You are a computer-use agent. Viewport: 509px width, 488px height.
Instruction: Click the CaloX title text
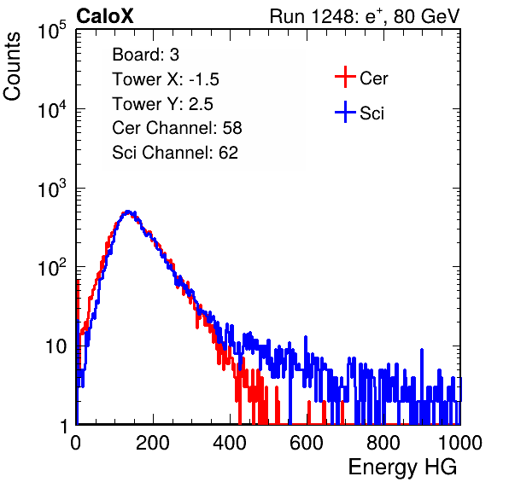click(x=104, y=16)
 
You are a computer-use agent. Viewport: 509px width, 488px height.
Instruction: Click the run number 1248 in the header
click(x=331, y=16)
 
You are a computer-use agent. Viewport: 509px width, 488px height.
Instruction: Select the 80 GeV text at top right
click(x=426, y=16)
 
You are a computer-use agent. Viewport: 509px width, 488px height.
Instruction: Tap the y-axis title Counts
click(x=12, y=67)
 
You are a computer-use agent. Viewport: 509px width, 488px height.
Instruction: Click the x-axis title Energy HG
click(x=402, y=468)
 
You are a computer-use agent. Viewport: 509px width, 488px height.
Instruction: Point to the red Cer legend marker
click(x=345, y=77)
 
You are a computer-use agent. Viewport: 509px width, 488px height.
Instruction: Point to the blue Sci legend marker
click(x=345, y=113)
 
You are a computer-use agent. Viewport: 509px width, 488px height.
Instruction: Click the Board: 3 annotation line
click(x=145, y=55)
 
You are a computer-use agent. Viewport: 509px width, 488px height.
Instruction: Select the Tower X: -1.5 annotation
click(x=166, y=79)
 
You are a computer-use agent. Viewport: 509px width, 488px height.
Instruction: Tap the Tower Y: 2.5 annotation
click(x=162, y=104)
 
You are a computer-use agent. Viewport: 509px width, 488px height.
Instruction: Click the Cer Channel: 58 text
click(x=177, y=128)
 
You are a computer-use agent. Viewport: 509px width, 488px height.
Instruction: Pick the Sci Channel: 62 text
click(x=175, y=153)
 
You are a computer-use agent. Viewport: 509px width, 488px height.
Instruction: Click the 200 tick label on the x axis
click(x=153, y=443)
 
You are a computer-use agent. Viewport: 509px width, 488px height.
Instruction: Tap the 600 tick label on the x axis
click(x=307, y=443)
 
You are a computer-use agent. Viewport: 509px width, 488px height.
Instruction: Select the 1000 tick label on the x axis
click(x=460, y=443)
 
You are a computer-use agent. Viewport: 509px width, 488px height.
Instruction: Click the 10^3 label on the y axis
click(x=52, y=189)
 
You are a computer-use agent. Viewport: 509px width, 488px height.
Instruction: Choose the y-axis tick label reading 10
click(x=56, y=347)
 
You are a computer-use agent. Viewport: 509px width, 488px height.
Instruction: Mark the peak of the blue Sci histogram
click(x=128, y=212)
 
